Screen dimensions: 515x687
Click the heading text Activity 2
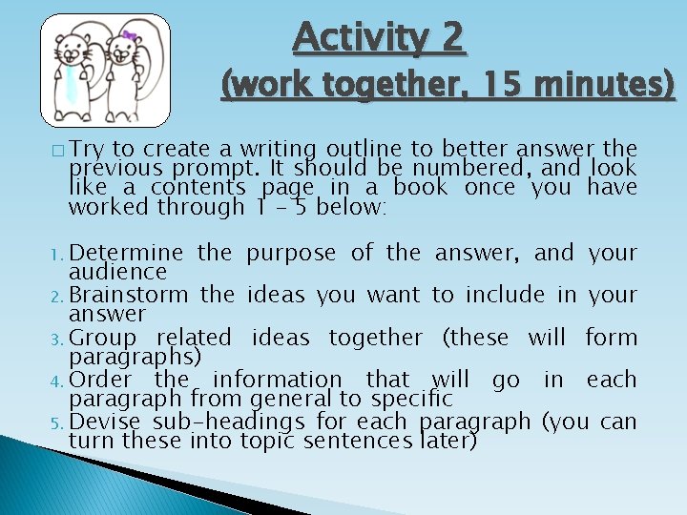(379, 38)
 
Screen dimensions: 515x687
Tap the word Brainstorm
(129, 295)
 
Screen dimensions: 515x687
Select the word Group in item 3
(103, 337)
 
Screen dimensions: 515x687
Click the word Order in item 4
(100, 379)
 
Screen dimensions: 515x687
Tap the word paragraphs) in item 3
(135, 357)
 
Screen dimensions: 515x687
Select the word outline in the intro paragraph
(355, 148)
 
